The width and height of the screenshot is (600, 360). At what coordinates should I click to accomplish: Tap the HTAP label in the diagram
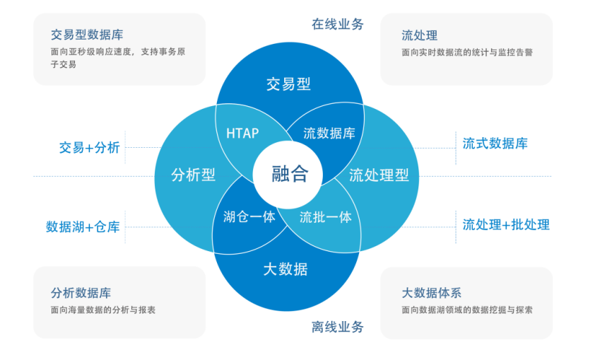pos(242,133)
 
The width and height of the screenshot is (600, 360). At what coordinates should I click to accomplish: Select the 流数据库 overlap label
pos(329,133)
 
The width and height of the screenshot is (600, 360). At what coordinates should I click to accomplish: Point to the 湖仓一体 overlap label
pos(249,216)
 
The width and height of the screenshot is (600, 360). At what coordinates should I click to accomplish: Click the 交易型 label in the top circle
pos(288,84)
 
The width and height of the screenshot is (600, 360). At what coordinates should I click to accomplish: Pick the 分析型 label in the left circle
pos(193,175)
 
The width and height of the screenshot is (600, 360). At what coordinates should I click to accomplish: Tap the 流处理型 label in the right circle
pos(379,175)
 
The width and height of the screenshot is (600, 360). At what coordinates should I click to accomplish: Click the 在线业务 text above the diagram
pos(338,24)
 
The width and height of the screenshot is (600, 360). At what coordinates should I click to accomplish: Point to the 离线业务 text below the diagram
pos(338,327)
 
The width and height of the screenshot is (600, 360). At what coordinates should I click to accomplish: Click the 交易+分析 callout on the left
pos(90,148)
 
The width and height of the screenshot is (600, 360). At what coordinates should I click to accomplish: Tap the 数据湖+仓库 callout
pos(83,227)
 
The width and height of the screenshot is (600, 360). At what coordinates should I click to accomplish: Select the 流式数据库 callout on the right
pos(495,144)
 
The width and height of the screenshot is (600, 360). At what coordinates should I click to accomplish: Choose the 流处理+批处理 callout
pos(506,225)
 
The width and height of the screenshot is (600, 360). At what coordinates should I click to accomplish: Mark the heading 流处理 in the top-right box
pos(419,35)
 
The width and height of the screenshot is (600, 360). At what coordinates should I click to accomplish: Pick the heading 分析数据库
pos(81,293)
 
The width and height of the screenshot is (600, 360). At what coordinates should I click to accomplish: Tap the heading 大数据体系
pos(431,293)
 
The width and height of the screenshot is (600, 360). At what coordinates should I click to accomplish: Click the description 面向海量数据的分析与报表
pos(103,310)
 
